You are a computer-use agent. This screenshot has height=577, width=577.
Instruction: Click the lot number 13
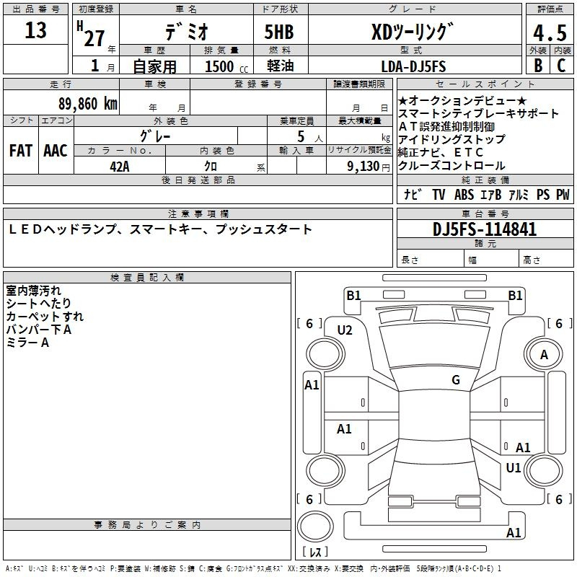coord(35,30)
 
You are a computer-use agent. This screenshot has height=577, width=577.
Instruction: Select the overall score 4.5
coord(550,33)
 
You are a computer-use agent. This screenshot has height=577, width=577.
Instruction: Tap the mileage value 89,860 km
coord(88,104)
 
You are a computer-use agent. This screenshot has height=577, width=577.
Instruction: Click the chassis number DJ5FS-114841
coord(485,229)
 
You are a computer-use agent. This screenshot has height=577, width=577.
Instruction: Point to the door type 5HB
coord(279,32)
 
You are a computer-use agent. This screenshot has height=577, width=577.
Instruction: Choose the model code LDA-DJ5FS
coord(413,66)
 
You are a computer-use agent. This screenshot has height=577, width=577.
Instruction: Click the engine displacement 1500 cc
coord(226,66)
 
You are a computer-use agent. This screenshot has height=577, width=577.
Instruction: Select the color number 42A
coord(120,167)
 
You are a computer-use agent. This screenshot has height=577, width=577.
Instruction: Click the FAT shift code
coord(21,151)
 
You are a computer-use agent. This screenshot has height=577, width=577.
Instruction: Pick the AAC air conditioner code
coord(56,151)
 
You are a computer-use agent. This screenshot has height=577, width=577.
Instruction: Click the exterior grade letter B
coord(538,66)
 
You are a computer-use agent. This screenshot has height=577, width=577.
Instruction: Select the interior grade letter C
coord(561,66)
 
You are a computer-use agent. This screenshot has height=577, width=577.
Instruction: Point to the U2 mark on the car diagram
coord(345,330)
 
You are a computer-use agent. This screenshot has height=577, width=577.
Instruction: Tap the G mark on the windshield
coord(456,379)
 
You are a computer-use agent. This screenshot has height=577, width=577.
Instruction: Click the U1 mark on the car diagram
coord(513,467)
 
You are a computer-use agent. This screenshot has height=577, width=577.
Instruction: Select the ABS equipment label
coord(464,194)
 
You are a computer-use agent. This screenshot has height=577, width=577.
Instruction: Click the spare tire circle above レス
coord(315,527)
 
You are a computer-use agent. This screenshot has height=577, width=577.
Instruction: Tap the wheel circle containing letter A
coord(544,355)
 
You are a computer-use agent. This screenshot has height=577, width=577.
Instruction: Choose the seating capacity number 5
coord(301,136)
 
